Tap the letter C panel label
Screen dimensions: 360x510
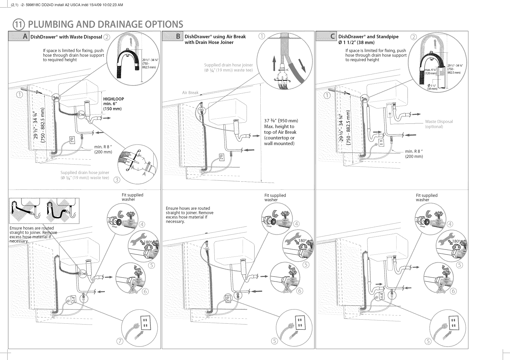[332, 37]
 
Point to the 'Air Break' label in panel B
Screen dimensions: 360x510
[190, 93]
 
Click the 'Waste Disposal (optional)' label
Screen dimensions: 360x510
[438, 124]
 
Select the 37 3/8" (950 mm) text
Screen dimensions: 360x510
[281, 121]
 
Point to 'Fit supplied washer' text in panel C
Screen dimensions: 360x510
[427, 197]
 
